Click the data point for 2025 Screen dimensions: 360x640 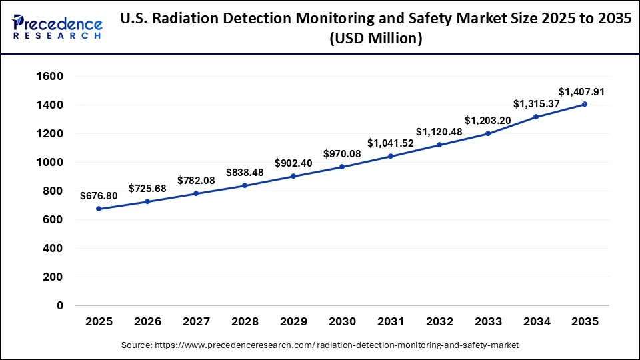click(x=99, y=209)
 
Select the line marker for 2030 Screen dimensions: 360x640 click(x=342, y=167)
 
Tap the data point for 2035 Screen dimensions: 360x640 click(x=585, y=104)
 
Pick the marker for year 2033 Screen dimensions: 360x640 click(x=488, y=133)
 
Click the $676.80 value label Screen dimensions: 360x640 click(x=98, y=196)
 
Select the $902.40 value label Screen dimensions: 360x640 click(x=293, y=163)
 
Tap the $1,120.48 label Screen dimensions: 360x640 click(x=439, y=132)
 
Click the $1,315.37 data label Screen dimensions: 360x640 click(x=536, y=104)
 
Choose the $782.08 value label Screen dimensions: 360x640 click(x=196, y=181)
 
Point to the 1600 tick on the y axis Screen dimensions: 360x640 click(x=50, y=77)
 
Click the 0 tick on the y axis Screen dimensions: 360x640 click(x=59, y=306)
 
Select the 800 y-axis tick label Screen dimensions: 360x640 click(x=53, y=191)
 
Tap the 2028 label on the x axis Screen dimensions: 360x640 click(x=245, y=322)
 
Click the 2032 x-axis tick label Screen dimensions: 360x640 click(x=439, y=322)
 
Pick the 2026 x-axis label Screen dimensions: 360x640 click(x=147, y=322)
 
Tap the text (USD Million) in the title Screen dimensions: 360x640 click(x=376, y=39)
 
